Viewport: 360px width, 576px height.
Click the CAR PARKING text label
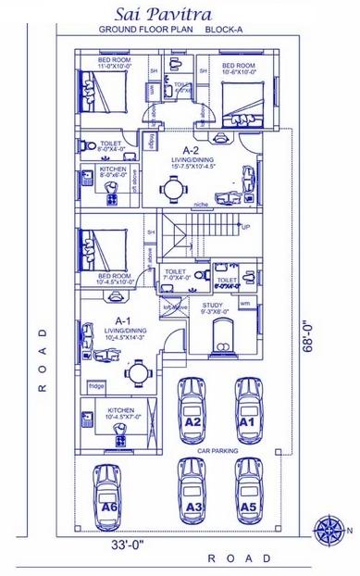click(217, 451)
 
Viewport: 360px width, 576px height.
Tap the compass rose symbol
click(329, 529)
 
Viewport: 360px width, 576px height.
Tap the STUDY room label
click(212, 305)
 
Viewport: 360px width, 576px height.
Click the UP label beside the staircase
click(245, 226)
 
